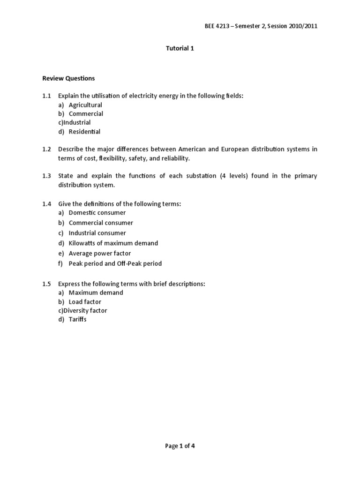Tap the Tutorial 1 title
point(180,48)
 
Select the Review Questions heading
point(68,78)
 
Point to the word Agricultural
point(85,105)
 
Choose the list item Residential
point(84,132)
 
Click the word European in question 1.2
point(240,150)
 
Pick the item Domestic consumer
point(97,213)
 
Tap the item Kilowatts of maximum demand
point(113,243)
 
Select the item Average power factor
point(99,254)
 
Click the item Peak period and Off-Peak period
point(115,263)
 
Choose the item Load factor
point(85,302)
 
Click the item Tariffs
point(78,320)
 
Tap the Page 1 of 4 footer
point(180,446)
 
